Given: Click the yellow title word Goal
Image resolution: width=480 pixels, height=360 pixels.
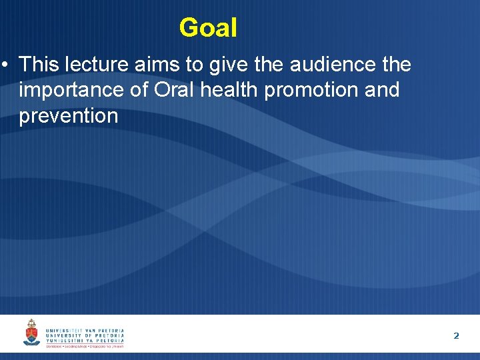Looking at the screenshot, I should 208,28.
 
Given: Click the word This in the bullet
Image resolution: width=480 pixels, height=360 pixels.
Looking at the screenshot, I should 38,65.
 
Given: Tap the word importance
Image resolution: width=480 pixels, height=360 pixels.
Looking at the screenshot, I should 71,90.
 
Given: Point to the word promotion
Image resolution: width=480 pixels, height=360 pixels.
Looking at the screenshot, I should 311,90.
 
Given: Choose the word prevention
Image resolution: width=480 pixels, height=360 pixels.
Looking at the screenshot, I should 68,116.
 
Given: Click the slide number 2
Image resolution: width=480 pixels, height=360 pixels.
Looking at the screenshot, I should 456,335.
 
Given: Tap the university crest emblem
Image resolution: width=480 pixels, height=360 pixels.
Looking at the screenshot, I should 31,333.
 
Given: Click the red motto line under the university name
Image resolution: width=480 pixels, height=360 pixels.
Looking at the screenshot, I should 85,347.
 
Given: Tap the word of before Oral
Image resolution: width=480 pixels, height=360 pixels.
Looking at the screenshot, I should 138,90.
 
